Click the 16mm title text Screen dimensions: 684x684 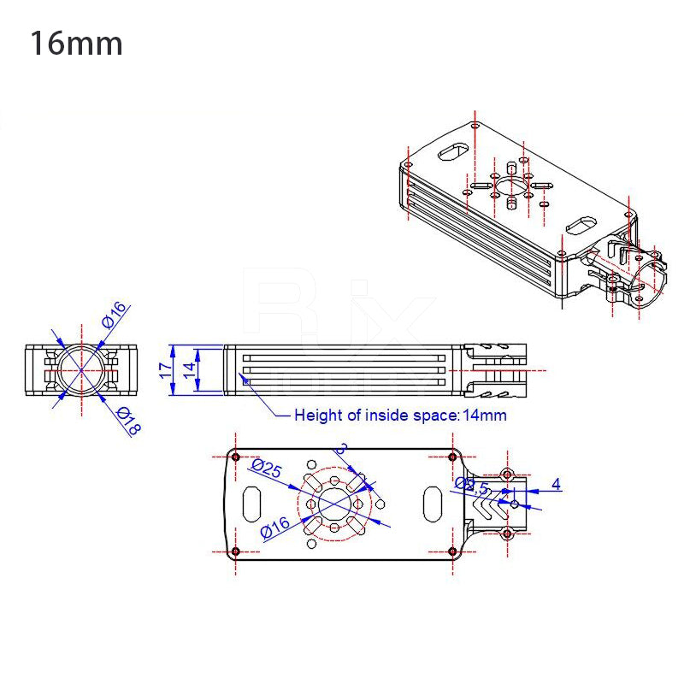pos(76,44)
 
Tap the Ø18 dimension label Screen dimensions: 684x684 pos(127,422)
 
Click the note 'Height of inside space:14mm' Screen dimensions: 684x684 pos(400,416)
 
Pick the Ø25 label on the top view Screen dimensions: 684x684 pos(267,469)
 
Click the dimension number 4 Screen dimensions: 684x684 pos(556,485)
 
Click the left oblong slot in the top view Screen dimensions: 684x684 pos(253,504)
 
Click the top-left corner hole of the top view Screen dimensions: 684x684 pos(236,457)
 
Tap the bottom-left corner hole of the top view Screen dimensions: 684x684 pos(236,552)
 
